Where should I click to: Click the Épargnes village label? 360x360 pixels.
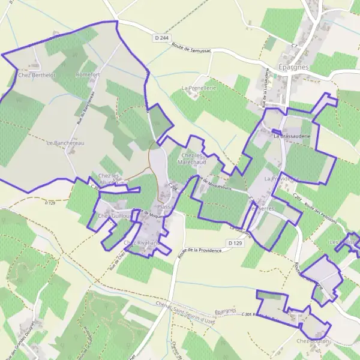[x=293, y=67]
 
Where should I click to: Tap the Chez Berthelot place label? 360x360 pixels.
[x=37, y=75]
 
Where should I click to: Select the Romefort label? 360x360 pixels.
[x=88, y=75]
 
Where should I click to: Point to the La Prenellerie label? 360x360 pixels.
[x=198, y=88]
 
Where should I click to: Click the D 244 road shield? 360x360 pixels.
[x=160, y=38]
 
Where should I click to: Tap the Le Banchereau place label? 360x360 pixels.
[x=65, y=143]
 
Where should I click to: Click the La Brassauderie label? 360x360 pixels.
[x=292, y=136]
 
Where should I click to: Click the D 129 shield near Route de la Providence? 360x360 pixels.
[x=235, y=242]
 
